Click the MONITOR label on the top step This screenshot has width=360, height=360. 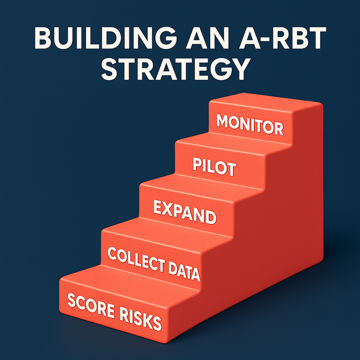coord(249,125)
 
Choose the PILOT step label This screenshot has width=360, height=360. coord(214,168)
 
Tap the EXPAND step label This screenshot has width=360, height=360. coord(184,213)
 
